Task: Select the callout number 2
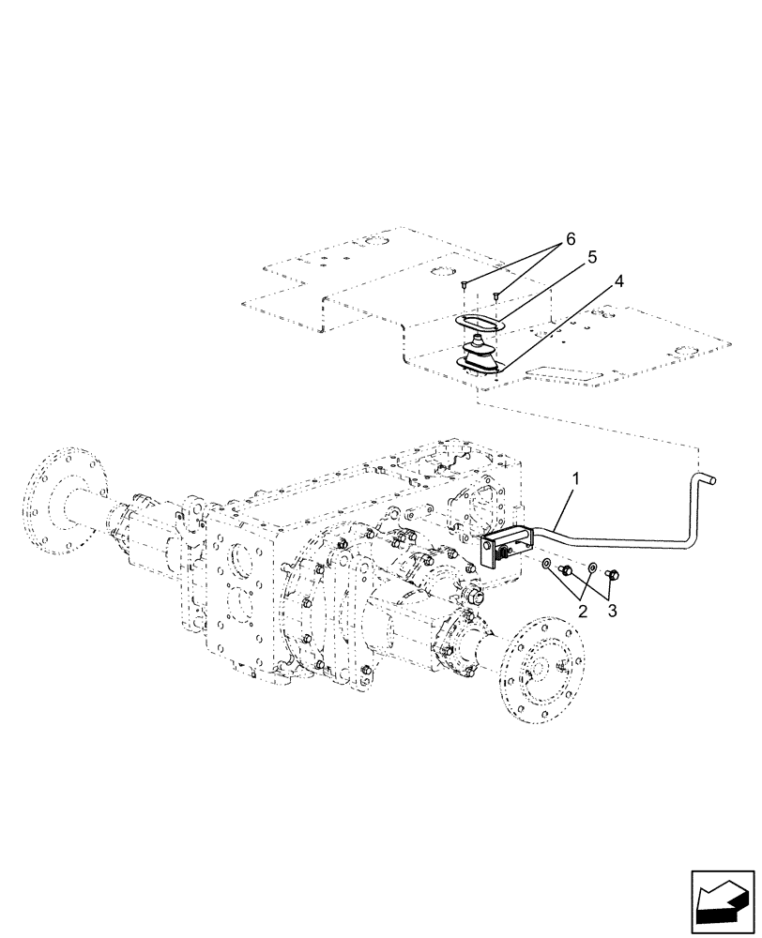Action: point(583,610)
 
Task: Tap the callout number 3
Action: point(611,610)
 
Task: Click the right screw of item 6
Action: point(496,297)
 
